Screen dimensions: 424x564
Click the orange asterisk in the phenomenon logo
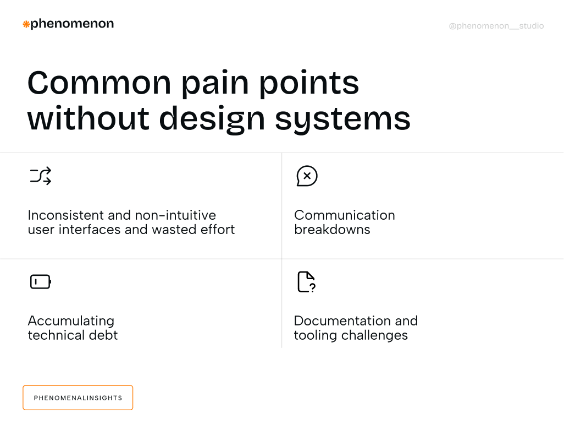coord(26,24)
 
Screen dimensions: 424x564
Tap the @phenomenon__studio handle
coord(496,26)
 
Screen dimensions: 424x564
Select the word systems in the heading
coord(342,118)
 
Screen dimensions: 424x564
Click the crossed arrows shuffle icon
coord(41,176)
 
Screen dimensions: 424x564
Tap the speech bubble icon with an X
coord(307,176)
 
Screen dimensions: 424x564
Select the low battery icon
coord(41,282)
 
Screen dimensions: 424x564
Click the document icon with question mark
coord(306,282)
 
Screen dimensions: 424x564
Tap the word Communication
coord(345,215)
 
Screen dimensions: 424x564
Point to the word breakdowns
coord(332,230)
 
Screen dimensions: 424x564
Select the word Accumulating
coord(71,321)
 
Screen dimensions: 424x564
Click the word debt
coord(104,335)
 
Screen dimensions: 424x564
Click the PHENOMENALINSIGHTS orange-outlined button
coord(78,398)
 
